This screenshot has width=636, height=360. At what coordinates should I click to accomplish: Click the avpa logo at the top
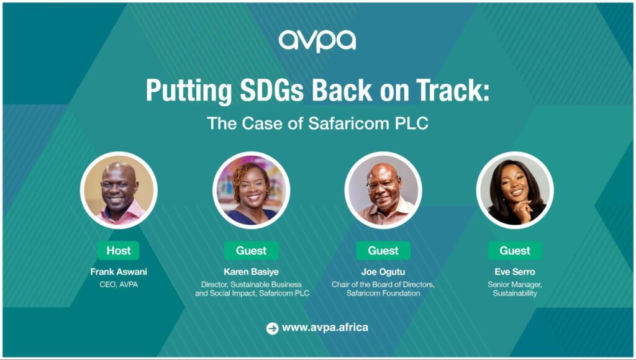pos(317,40)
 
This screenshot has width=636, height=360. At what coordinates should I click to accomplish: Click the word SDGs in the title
pos(272,90)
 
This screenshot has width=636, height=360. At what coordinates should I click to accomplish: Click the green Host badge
pos(119,251)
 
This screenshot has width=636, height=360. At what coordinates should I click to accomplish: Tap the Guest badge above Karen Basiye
pos(251,251)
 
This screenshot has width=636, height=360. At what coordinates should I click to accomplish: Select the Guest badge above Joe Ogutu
pos(383,251)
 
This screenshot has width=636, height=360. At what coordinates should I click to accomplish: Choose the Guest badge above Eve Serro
pos(515,251)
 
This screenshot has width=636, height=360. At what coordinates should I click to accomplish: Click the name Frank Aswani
pos(119,272)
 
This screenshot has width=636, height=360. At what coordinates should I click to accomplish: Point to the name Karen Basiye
pos(251,272)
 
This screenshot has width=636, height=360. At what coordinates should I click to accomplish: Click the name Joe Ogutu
pos(383,272)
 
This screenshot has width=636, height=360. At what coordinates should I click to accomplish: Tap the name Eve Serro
pos(515,272)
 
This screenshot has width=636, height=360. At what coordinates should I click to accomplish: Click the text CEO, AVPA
pos(119,285)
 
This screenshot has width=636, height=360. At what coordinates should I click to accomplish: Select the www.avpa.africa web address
pos(325,328)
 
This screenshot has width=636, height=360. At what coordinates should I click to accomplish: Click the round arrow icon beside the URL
pos(272,328)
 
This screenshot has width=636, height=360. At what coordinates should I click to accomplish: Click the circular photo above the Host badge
pos(119,190)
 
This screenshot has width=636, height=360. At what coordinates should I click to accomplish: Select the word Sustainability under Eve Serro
pos(515,293)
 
